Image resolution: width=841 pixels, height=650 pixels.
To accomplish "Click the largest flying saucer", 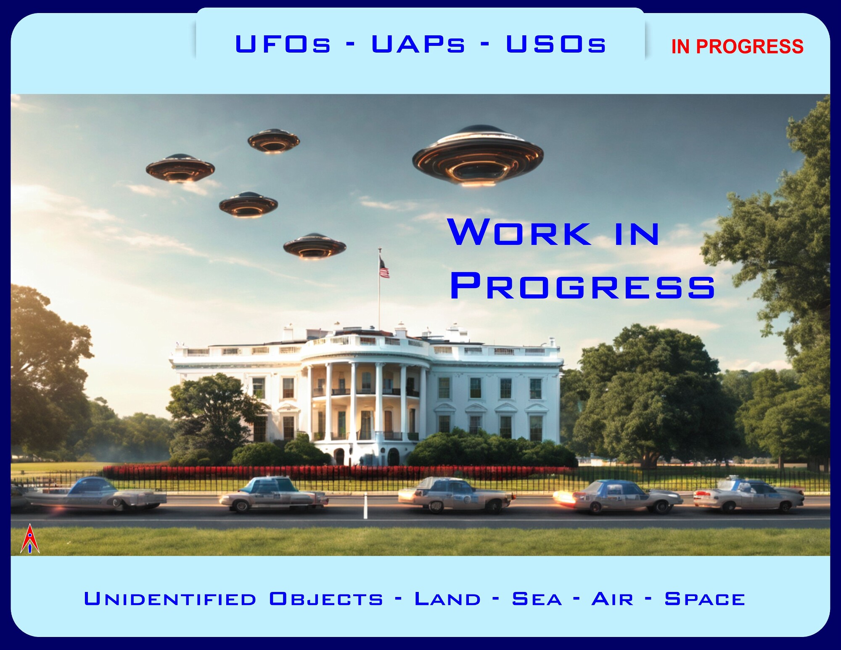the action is point(478,156).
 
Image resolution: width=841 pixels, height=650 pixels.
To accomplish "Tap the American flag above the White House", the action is point(384,268).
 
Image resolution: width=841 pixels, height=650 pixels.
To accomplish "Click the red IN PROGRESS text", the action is point(737,46).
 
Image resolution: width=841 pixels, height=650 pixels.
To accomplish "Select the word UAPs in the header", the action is point(418,44).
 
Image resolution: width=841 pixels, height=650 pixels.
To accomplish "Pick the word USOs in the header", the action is point(556,44).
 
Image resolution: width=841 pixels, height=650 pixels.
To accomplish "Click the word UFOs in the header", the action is point(283,44).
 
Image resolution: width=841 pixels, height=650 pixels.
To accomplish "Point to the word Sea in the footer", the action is point(537,599).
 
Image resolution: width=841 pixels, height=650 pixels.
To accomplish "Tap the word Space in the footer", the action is point(705,599).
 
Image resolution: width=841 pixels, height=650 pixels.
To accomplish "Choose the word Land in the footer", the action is point(447,599).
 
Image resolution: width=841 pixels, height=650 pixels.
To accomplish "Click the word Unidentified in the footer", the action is point(170,599).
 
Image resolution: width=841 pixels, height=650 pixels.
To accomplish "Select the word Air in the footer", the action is point(612,599).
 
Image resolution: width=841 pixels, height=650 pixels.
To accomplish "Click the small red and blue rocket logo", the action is point(30,539).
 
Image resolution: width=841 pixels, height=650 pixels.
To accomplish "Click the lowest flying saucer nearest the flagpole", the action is point(315,246).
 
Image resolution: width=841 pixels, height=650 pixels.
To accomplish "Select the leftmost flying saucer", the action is point(180,168).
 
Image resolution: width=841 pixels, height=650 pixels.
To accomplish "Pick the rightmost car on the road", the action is point(748,494).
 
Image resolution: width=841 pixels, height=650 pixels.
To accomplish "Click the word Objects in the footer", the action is point(326,599).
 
